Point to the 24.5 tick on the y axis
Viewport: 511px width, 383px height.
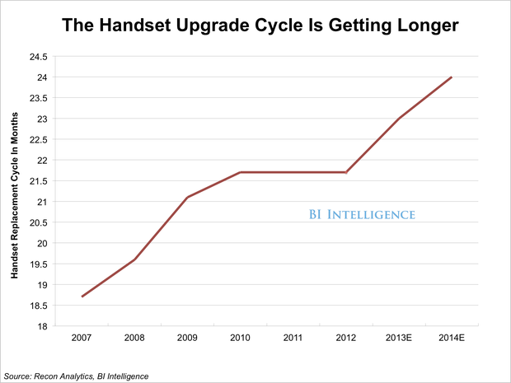[38, 57]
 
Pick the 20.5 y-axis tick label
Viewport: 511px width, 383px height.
[38, 222]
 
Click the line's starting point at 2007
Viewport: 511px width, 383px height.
[82, 297]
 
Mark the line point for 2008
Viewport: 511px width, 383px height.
[134, 259]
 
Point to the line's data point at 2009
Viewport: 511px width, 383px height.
[187, 198]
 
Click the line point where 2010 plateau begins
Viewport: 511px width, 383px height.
[240, 172]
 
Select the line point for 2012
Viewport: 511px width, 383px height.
[345, 172]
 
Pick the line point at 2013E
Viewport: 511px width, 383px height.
[398, 119]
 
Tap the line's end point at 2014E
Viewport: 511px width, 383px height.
[451, 77]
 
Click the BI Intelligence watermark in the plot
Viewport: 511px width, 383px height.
[356, 215]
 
